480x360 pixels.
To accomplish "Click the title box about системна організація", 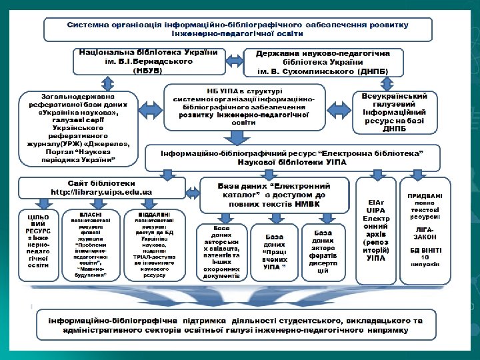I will click(237, 29).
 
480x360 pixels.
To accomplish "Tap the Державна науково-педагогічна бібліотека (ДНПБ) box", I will click(325, 62).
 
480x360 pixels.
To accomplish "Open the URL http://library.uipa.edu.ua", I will click(102, 192).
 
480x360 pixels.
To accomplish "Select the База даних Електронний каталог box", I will click(275, 195).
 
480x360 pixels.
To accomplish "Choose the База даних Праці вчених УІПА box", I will click(274, 252).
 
